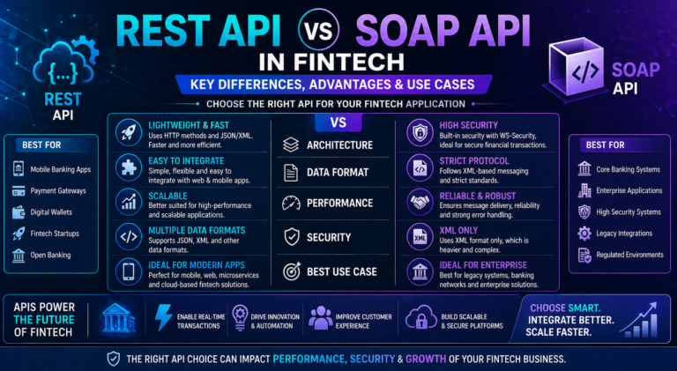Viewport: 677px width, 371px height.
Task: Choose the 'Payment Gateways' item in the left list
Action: click(66, 190)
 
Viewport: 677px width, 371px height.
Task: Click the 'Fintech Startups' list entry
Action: click(64, 234)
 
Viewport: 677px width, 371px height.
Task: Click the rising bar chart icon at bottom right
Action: click(642, 319)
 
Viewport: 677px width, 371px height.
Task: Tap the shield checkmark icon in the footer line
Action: click(113, 359)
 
